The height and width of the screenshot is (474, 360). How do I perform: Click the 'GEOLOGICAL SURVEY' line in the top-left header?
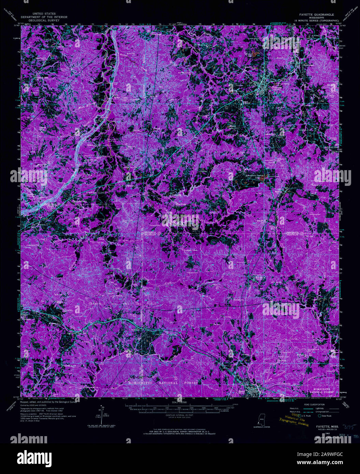click(44, 20)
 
